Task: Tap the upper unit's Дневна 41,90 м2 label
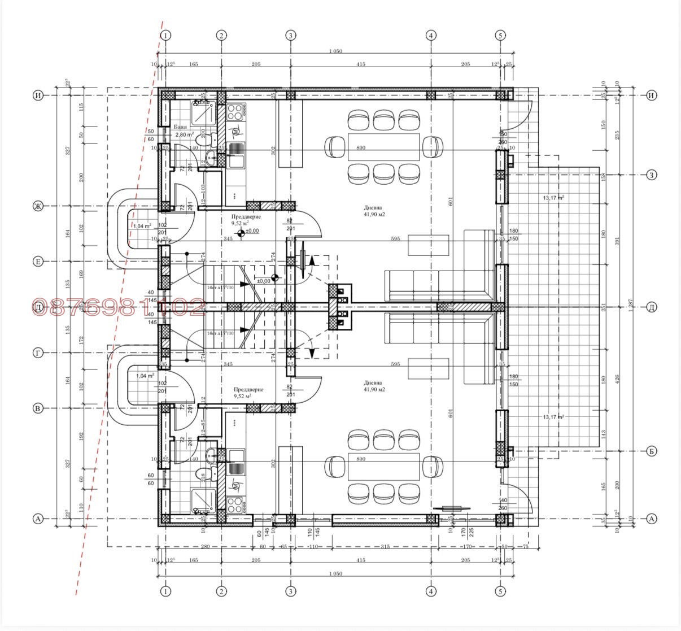374,211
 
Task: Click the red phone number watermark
119,307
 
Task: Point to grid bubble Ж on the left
38,206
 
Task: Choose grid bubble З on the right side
652,175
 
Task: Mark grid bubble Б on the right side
652,451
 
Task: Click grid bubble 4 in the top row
431,35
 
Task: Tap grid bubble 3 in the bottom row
290,591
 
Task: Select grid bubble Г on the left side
38,353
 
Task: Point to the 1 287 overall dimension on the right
631,307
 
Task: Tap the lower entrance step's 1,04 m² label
145,375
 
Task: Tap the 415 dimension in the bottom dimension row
361,560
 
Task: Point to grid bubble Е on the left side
38,262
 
